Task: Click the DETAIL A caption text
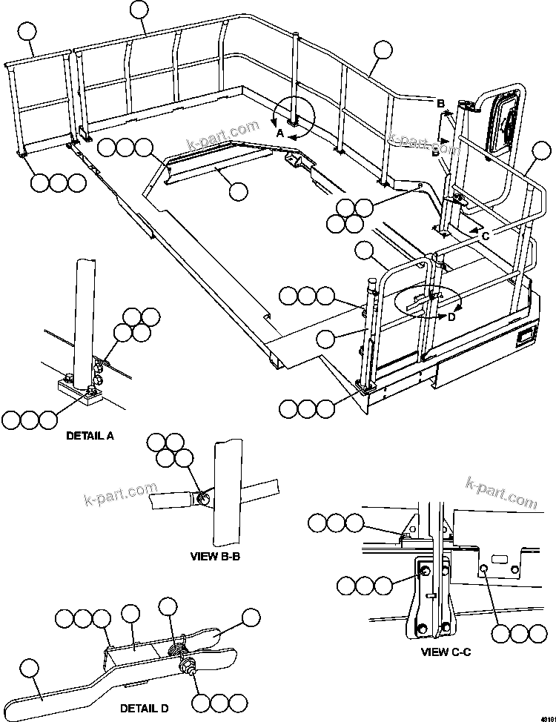tap(90, 436)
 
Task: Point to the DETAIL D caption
tap(144, 709)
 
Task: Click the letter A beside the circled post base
tap(279, 133)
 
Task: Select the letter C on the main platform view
tap(485, 235)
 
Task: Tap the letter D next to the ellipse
tap(451, 317)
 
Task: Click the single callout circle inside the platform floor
tap(238, 191)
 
